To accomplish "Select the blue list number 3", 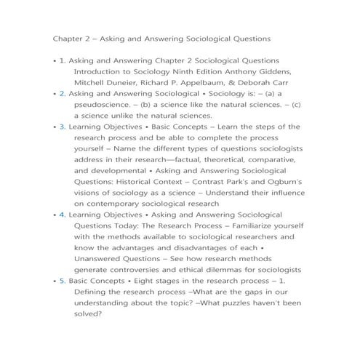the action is tap(63, 127).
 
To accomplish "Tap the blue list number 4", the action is tap(63, 215).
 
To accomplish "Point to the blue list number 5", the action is tap(63, 280).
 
